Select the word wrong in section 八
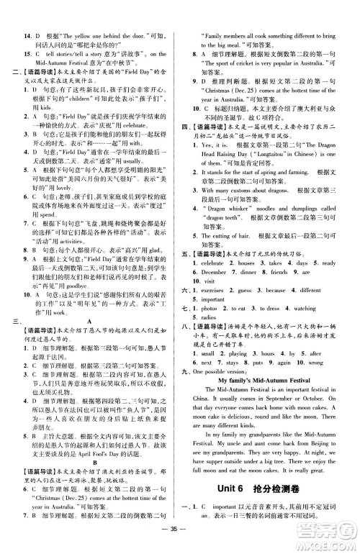[x=317, y=362]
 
